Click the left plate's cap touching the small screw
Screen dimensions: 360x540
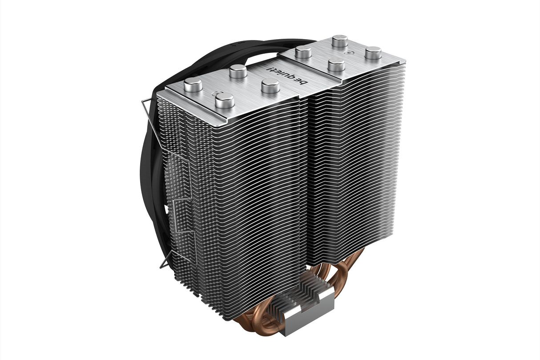pyautogui.click(x=225, y=101)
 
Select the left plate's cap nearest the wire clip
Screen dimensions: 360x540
pyautogui.click(x=193, y=85)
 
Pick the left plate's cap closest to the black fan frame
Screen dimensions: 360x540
pyautogui.click(x=238, y=71)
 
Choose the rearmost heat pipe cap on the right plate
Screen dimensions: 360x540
pyautogui.click(x=340, y=42)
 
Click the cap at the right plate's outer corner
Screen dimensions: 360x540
pyautogui.click(x=373, y=53)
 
